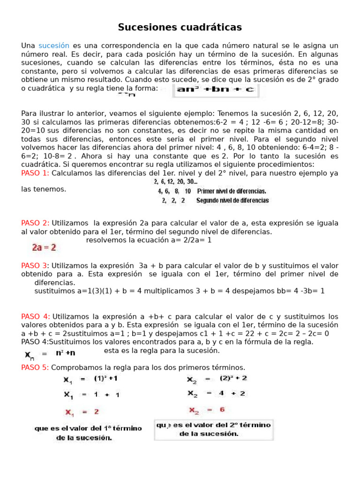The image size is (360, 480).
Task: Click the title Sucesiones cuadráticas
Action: tap(180, 28)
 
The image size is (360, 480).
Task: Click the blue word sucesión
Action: tap(54, 45)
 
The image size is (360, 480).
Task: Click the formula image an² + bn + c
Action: tap(216, 90)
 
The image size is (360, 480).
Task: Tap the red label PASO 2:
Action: tap(35, 223)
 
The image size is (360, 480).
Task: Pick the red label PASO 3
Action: tap(34, 265)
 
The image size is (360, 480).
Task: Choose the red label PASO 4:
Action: tap(36, 316)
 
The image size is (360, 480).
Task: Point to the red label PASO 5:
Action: tap(35, 367)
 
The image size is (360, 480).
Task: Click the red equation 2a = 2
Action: tap(44, 247)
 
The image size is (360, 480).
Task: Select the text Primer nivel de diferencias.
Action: tap(232, 191)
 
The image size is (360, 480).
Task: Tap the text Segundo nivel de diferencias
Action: tap(232, 201)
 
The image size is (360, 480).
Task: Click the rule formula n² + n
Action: tap(66, 352)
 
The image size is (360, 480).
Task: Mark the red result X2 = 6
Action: tap(206, 410)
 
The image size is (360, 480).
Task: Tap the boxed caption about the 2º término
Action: tap(214, 429)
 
